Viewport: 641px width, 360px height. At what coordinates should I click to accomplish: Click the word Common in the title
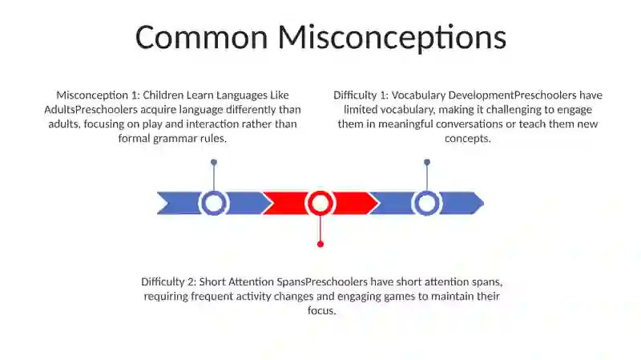click(x=202, y=37)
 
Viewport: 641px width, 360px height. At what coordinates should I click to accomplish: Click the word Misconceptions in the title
click(x=392, y=38)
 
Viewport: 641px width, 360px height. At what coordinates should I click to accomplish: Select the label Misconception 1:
click(x=98, y=95)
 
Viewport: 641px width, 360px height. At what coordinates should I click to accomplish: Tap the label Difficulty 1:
click(x=361, y=95)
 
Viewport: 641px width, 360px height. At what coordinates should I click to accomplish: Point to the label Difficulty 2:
click(x=169, y=282)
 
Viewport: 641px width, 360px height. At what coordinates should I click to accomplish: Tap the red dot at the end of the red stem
click(x=320, y=245)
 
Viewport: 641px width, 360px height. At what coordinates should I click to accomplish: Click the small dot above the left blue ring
click(x=214, y=163)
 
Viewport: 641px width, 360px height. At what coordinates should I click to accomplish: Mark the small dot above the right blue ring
click(x=427, y=163)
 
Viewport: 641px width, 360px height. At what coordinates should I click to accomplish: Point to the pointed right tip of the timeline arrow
click(x=484, y=203)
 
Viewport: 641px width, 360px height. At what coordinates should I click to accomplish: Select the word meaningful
click(x=405, y=124)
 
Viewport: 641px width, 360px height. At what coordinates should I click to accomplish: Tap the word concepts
click(x=468, y=139)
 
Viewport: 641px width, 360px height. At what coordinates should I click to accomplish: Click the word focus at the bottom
click(x=322, y=311)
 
